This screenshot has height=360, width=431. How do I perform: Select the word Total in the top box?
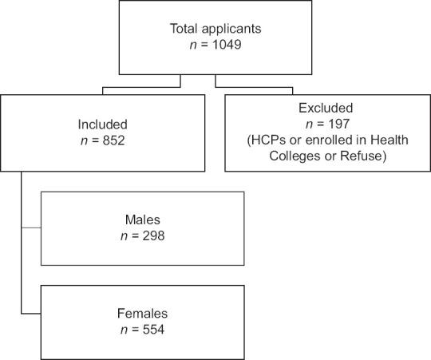185,30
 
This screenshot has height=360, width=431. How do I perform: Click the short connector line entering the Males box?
30,227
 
